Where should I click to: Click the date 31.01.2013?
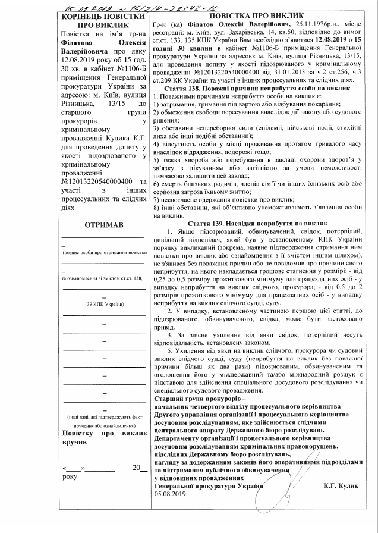pos(262,69)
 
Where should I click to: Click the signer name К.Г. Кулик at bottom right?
pos(342,485)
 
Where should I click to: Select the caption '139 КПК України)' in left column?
pos(103,304)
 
